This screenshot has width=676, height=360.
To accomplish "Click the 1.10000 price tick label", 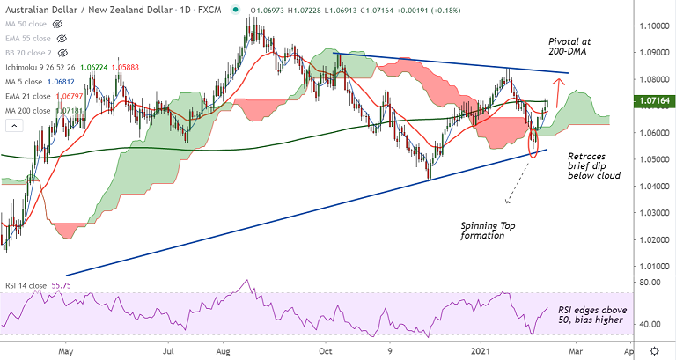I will (x=653, y=26).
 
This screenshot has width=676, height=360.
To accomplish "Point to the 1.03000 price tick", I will (x=653, y=213).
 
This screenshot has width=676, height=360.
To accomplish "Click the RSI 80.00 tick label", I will (x=650, y=282).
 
